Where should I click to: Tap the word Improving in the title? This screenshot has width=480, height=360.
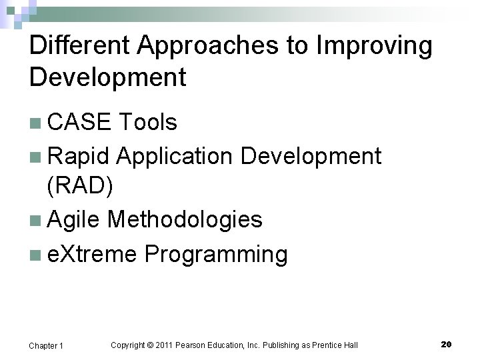[x=374, y=47]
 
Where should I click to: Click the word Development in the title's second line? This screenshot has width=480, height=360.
[x=107, y=78]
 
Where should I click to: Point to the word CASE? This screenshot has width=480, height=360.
[x=79, y=123]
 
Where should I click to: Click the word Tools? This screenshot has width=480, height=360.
[x=147, y=123]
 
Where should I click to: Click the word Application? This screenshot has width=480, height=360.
[x=175, y=156]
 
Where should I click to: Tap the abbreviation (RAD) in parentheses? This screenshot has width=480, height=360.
[x=80, y=186]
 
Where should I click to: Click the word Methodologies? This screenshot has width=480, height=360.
[x=185, y=219]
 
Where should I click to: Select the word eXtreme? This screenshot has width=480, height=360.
[x=93, y=254]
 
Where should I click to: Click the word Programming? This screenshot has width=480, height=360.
[x=216, y=254]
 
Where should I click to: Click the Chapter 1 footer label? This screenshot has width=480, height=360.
[x=46, y=345]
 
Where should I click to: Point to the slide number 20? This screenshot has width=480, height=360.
[x=446, y=344]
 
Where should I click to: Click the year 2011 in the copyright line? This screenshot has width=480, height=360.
[x=163, y=345]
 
